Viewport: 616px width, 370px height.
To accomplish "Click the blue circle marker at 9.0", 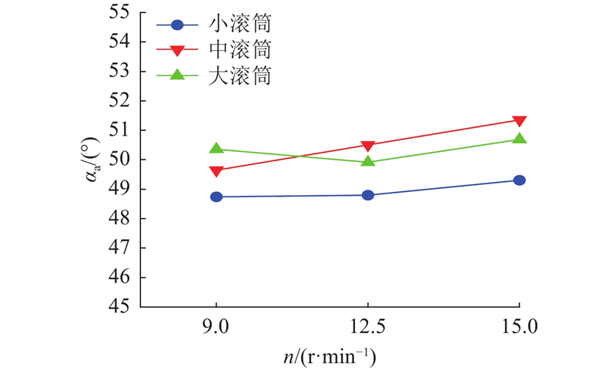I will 216,197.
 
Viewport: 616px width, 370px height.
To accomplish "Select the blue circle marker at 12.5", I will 368,195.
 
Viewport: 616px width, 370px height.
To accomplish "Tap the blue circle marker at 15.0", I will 520,180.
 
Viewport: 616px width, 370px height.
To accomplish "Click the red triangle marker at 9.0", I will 216,171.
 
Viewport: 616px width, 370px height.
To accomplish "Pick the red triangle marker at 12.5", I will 368,146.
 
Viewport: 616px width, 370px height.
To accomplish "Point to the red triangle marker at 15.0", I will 520,121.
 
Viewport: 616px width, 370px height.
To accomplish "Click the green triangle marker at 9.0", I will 216,149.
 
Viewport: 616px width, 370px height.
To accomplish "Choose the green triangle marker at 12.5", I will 368,161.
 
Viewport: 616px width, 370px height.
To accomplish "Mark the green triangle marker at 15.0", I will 520,139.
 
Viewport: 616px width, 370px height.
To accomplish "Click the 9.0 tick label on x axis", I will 216,326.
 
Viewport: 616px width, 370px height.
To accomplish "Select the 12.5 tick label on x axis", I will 368,326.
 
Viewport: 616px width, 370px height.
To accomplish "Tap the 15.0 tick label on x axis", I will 520,326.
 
